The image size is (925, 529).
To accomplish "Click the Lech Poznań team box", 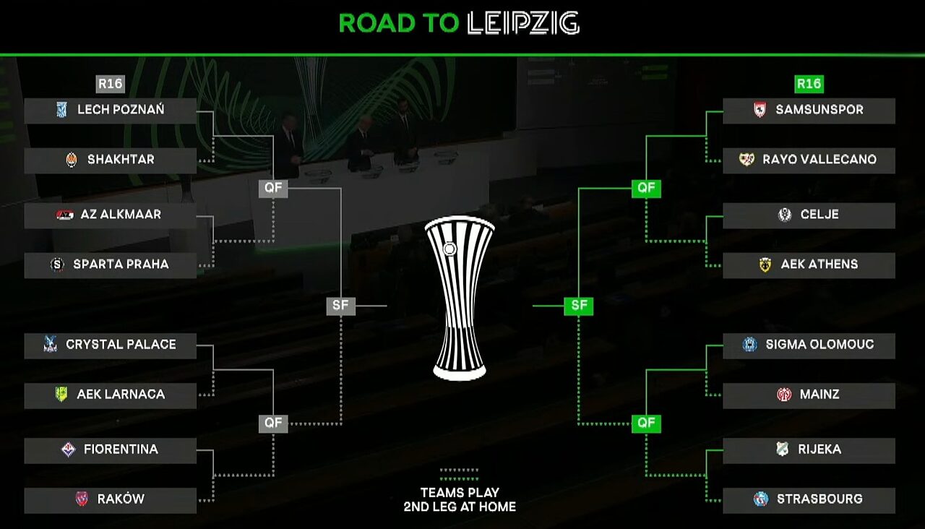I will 110,111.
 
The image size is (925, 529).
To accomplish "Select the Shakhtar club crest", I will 71,160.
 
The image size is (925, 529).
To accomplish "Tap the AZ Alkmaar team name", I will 121,215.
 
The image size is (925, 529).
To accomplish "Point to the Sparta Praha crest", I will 57,264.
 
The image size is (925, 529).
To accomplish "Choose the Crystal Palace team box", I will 110,345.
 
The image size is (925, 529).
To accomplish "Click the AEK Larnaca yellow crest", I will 61,395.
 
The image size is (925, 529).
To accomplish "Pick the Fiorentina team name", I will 121,450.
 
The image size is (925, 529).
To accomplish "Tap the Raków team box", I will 110,499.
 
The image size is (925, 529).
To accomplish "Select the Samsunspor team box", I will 809,111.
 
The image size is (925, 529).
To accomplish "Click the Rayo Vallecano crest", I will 747,160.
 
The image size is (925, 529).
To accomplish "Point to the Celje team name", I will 819,215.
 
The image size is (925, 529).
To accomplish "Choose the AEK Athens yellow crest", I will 765,264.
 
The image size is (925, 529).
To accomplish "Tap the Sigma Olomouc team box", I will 809,345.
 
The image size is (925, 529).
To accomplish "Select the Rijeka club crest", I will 782,450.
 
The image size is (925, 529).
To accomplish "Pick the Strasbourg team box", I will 809,499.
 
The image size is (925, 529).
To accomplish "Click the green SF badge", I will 579,306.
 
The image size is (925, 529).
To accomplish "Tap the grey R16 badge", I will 111,84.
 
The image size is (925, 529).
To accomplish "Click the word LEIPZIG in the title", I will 523,24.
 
